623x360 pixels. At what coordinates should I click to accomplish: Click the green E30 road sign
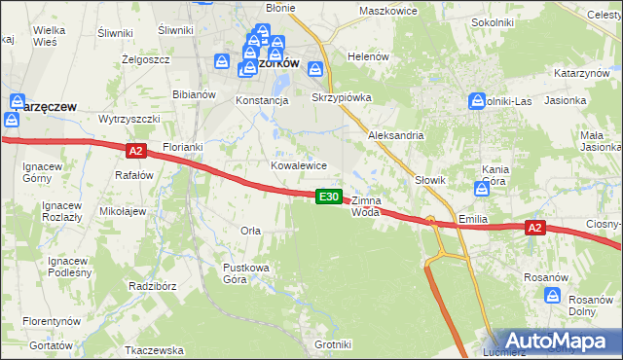pos(329,197)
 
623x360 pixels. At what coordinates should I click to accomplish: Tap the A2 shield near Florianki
pos(135,151)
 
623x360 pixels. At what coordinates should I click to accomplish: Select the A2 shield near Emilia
pos(533,228)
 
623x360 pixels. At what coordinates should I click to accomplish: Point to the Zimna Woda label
pos(366,205)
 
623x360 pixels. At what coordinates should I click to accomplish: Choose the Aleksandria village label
pos(395,136)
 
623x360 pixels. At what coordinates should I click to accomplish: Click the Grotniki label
pos(333,344)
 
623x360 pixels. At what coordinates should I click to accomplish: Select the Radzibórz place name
pos(152,287)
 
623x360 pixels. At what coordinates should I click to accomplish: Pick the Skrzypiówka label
pos(342,98)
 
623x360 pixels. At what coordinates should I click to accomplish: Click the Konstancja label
pos(262,100)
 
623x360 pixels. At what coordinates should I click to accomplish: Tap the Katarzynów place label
pos(582,74)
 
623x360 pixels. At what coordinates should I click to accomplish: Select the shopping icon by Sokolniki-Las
pos(477,100)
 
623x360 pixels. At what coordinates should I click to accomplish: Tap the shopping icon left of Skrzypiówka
pos(315,69)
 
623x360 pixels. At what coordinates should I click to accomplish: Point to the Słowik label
pos(429,180)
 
